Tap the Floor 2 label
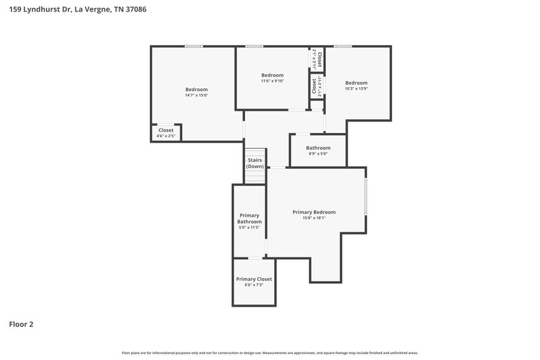click(21, 324)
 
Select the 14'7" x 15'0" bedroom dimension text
click(196, 95)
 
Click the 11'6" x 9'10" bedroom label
click(272, 81)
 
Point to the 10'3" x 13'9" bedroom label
click(356, 88)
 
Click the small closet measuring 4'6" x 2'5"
click(166, 133)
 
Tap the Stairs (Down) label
click(254, 163)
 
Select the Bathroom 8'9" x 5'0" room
click(318, 151)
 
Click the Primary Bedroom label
click(314, 212)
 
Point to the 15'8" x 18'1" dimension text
click(314, 218)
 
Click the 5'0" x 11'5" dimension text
click(249, 228)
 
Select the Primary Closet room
click(254, 282)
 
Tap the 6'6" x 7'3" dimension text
click(254, 285)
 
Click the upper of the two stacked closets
click(316, 59)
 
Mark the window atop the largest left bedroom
click(194, 46)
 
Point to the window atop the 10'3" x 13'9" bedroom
click(342, 46)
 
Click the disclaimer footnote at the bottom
click(269, 353)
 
